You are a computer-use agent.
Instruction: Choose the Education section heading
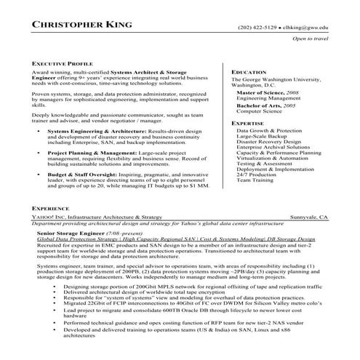[x=249, y=72]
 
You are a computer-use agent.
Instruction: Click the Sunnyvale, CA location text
[x=309, y=217]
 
